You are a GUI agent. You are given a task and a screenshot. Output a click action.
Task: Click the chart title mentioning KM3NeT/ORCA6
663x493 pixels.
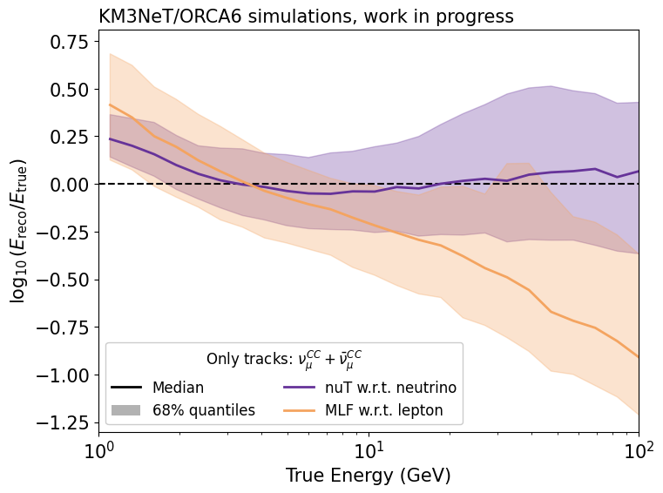306,16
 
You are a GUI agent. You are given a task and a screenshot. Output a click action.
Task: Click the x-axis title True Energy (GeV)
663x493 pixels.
368,476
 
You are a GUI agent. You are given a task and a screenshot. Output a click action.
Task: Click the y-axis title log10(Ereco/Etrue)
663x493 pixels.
18,231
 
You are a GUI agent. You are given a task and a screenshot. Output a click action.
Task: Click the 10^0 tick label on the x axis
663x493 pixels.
98,449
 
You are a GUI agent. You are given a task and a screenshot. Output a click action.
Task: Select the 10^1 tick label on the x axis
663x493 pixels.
369,449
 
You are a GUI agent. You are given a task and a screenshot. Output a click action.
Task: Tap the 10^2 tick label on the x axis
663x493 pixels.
639,449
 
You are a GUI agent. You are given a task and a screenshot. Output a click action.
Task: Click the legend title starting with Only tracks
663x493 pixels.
283,360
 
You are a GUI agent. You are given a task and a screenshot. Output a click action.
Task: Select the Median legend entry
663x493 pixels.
178,388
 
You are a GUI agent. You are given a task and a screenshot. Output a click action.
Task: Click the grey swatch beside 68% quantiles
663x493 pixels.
125,409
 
